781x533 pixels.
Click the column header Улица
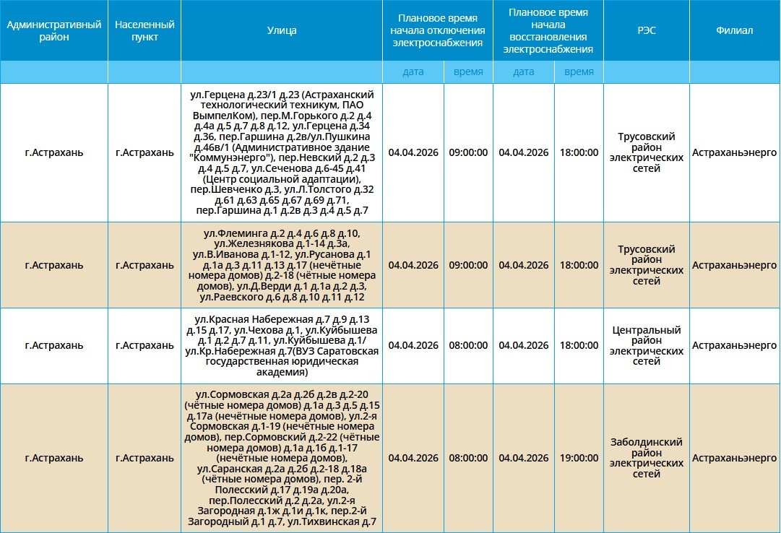(x=281, y=30)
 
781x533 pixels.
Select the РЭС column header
(x=646, y=30)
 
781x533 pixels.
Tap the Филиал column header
(x=734, y=30)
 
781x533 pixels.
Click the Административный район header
(x=53, y=30)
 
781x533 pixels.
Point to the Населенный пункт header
(x=144, y=30)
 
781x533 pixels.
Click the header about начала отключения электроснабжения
(x=437, y=30)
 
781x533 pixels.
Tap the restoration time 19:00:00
(x=579, y=458)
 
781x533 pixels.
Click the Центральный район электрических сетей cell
(x=646, y=346)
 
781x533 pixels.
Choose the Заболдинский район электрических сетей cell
(x=646, y=458)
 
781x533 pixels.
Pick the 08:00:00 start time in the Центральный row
(x=468, y=346)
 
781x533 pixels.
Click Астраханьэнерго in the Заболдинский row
(x=734, y=458)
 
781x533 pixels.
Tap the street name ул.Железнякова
(x=239, y=244)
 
